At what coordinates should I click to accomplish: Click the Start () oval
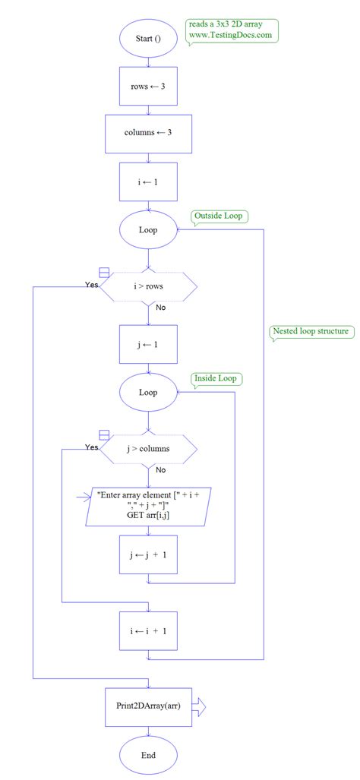[148, 39]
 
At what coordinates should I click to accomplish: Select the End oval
[148, 756]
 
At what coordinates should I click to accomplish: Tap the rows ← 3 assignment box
[148, 87]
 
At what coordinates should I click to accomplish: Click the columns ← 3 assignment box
[148, 134]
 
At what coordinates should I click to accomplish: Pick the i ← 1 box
[148, 183]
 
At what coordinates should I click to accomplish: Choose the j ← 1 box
[148, 344]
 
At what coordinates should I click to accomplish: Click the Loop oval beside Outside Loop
[148, 229]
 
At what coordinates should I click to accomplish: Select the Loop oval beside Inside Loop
[148, 393]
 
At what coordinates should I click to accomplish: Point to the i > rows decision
[148, 286]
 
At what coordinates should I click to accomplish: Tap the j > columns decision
[148, 448]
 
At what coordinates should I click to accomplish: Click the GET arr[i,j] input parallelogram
[148, 505]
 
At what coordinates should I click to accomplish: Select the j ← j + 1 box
[148, 555]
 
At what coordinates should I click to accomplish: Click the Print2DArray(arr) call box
[148, 706]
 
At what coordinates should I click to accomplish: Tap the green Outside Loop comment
[219, 216]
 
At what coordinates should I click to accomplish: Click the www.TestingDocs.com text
[230, 34]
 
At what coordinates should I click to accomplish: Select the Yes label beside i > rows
[92, 285]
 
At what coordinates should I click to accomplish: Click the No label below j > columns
[161, 470]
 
